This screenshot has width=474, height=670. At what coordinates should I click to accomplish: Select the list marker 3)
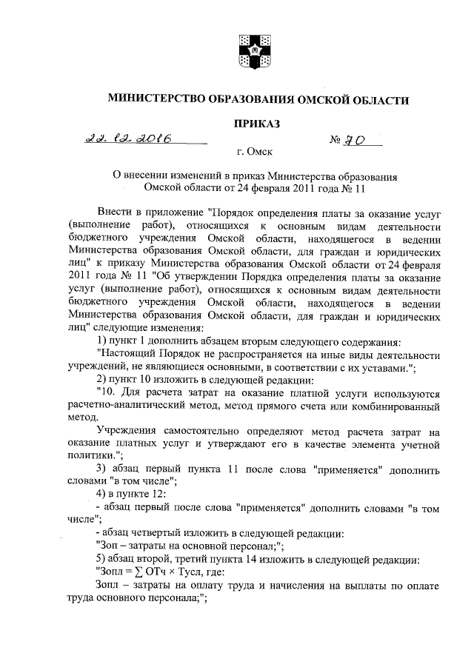[x=105, y=469]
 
